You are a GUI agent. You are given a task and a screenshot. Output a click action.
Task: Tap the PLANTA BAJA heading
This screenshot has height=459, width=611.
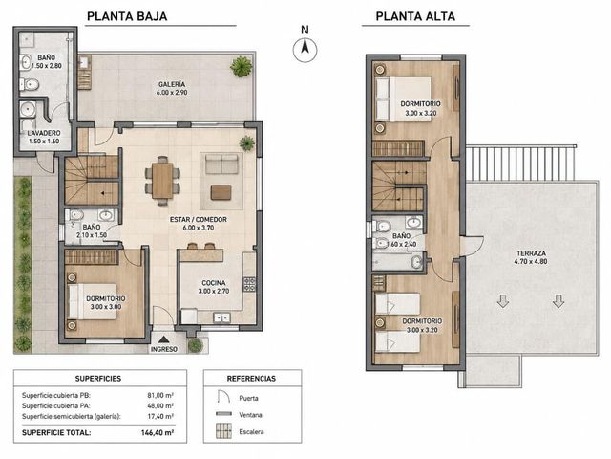click(127, 16)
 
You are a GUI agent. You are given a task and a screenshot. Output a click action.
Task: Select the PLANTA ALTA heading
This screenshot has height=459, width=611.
click(415, 16)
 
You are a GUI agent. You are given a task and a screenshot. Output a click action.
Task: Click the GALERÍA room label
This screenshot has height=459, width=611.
click(172, 84)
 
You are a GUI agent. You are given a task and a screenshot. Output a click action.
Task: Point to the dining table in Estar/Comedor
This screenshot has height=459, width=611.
click(162, 181)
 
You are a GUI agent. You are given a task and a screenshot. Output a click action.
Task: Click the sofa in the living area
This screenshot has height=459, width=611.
click(221, 164)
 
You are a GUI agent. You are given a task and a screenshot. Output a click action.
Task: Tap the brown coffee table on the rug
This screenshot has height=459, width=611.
click(221, 192)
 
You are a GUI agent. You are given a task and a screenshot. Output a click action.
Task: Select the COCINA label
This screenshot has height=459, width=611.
click(214, 283)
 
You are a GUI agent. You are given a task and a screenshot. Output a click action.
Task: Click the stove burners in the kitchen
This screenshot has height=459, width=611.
click(249, 284)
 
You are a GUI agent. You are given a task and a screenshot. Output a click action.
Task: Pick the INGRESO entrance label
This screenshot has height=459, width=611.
click(164, 349)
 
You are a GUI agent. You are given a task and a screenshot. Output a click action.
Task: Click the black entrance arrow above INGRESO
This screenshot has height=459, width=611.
click(164, 339)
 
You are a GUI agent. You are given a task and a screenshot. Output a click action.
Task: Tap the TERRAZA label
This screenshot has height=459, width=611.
click(531, 253)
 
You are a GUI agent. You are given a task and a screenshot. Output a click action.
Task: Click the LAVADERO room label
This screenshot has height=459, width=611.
click(44, 133)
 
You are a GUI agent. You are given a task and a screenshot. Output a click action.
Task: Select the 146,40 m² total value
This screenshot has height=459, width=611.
click(158, 432)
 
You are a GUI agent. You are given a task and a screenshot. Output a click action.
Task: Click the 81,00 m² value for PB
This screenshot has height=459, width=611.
click(160, 395)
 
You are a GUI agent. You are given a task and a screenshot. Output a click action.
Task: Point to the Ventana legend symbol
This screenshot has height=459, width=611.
click(223, 414)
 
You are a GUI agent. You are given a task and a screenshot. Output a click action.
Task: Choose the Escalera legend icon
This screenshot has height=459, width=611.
click(223, 431)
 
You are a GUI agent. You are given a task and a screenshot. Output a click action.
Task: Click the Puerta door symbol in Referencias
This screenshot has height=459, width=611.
click(222, 396)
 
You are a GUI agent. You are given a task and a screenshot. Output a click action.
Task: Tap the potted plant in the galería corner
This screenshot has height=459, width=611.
click(242, 66)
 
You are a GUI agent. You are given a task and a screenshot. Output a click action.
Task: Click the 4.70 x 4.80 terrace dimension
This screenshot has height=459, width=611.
click(531, 261)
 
